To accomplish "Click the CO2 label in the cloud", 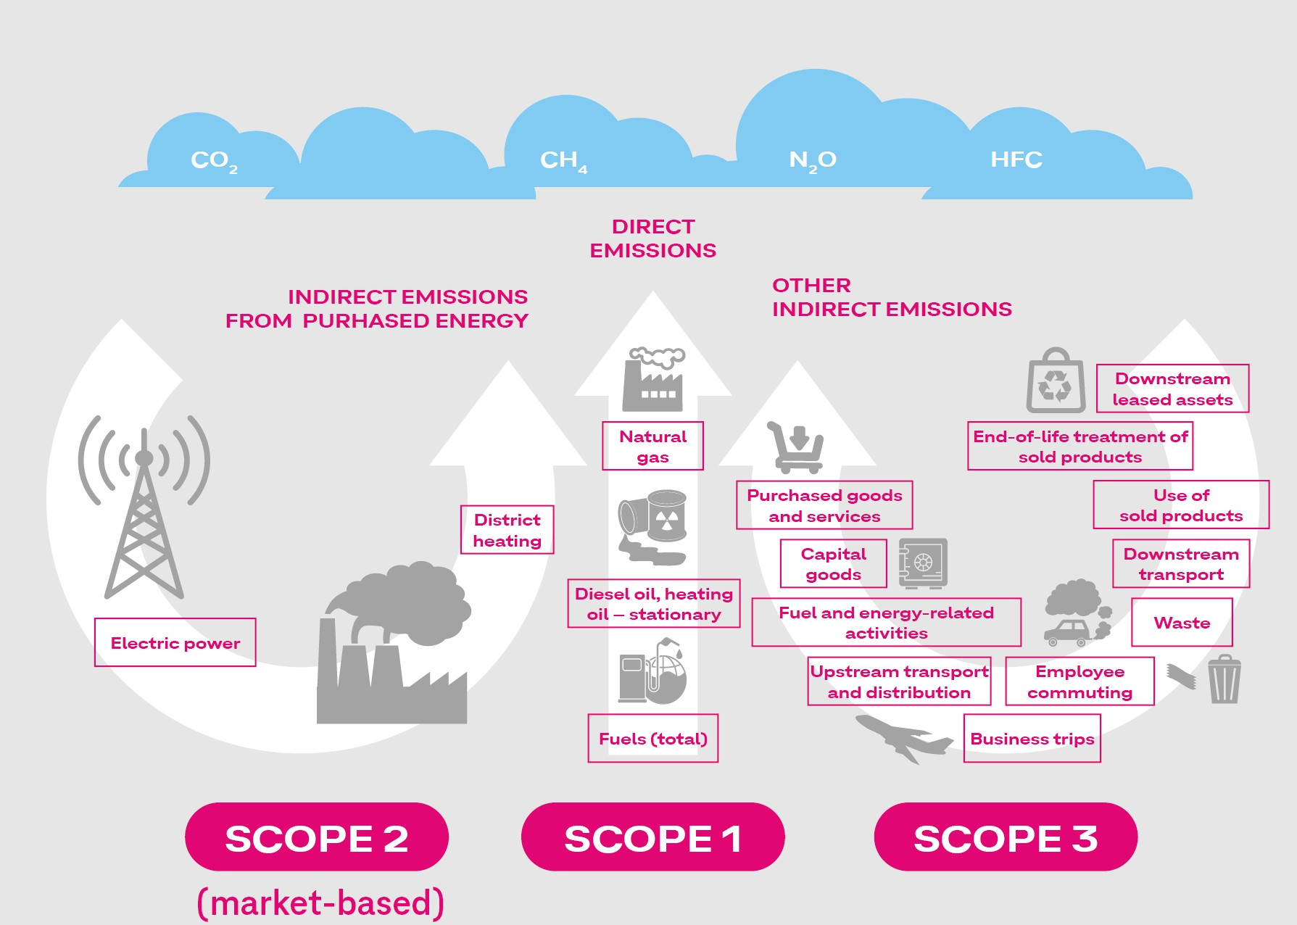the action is [x=214, y=161].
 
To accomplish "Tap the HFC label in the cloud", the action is [x=1016, y=159].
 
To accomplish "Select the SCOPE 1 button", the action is [x=652, y=837].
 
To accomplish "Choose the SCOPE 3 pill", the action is [x=1006, y=837].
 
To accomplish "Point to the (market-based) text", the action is [x=320, y=903].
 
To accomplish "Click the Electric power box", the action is [x=175, y=642].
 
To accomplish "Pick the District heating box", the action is [x=507, y=530].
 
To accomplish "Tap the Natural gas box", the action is [x=652, y=446].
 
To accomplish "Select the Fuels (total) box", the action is [x=653, y=738].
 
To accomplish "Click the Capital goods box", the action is [x=834, y=563].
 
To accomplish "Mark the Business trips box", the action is [x=1032, y=738].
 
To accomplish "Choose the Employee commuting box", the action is [x=1080, y=681].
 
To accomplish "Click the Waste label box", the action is [x=1182, y=622].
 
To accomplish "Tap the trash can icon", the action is [x=1225, y=679].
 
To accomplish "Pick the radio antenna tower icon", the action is [x=144, y=506].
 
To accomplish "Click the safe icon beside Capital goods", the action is [x=923, y=563].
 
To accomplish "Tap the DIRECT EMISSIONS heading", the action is [x=652, y=238].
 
